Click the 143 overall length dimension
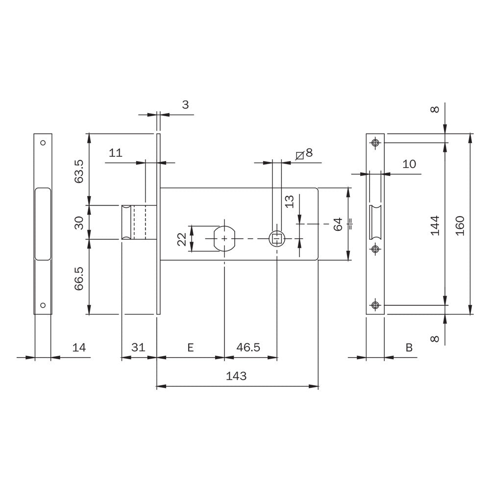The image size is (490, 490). click(x=236, y=376)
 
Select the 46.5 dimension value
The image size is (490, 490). click(x=248, y=347)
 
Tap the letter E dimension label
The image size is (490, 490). click(x=190, y=347)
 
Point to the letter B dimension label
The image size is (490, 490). click(x=409, y=347)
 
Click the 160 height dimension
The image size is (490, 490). click(x=460, y=225)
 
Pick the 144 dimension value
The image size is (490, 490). click(x=435, y=225)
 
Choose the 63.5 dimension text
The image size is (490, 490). click(x=79, y=171)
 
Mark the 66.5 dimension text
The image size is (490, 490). click(x=79, y=278)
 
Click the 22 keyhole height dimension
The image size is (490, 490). click(x=182, y=240)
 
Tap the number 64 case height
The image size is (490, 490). click(x=338, y=224)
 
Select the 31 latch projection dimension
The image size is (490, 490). click(x=138, y=347)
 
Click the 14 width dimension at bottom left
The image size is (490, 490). click(x=79, y=347)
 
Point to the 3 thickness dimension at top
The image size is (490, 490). click(x=185, y=105)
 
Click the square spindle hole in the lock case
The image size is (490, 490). click(x=277, y=239)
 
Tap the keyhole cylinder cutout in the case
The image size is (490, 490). click(x=224, y=239)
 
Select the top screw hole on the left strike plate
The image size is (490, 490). click(x=43, y=143)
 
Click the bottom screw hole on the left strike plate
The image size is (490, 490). click(x=43, y=305)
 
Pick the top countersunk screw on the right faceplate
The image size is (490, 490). click(x=375, y=143)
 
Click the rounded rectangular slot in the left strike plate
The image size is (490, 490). click(x=43, y=224)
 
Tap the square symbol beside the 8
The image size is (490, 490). click(x=300, y=155)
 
